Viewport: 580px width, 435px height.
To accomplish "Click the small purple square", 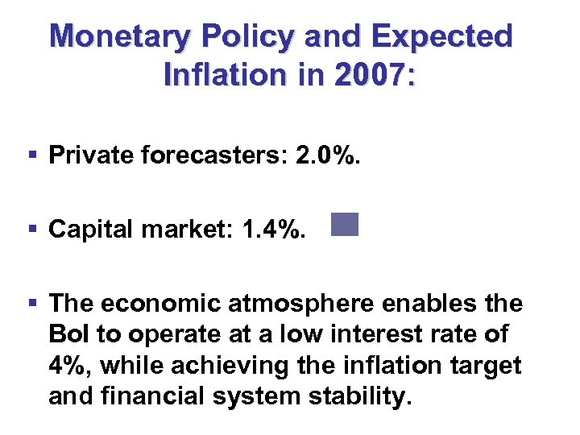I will pos(344,223).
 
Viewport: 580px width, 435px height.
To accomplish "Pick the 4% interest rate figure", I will pos(64,366).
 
